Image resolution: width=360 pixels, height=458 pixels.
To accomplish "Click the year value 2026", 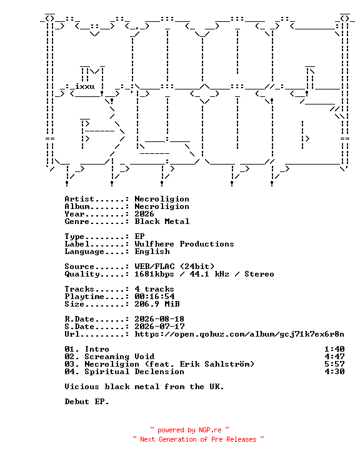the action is (144, 214).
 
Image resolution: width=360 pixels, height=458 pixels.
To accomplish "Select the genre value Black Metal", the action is (162, 221).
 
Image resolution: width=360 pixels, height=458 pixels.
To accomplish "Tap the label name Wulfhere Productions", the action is (184, 244).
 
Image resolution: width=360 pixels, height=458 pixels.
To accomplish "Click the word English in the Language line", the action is (152, 252).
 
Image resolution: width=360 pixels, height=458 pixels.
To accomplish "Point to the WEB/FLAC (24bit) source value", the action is (174, 267).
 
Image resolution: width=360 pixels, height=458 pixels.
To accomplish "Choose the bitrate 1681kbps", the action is (154, 274).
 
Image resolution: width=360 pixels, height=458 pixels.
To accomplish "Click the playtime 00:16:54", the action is (154, 297).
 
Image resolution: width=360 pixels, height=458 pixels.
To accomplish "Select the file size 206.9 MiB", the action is (157, 304).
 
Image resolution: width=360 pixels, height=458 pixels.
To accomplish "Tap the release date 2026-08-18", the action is (159, 319).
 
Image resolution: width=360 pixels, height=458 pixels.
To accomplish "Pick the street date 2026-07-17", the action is (159, 327).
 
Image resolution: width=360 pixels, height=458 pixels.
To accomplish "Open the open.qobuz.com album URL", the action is (239, 334).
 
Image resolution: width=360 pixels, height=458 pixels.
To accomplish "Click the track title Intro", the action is (97, 349).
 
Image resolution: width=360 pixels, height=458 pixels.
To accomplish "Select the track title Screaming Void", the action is (119, 357).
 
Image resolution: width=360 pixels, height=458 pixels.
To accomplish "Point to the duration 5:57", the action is (334, 364).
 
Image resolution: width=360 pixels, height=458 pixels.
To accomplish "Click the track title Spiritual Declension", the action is (134, 372).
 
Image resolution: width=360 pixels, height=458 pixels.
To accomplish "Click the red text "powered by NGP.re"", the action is (189, 430).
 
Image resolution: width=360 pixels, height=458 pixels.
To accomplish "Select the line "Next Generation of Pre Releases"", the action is (198, 439).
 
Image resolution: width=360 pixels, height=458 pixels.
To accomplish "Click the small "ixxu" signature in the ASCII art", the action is (84, 86).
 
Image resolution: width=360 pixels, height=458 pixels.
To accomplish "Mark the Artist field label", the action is (79, 199).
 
